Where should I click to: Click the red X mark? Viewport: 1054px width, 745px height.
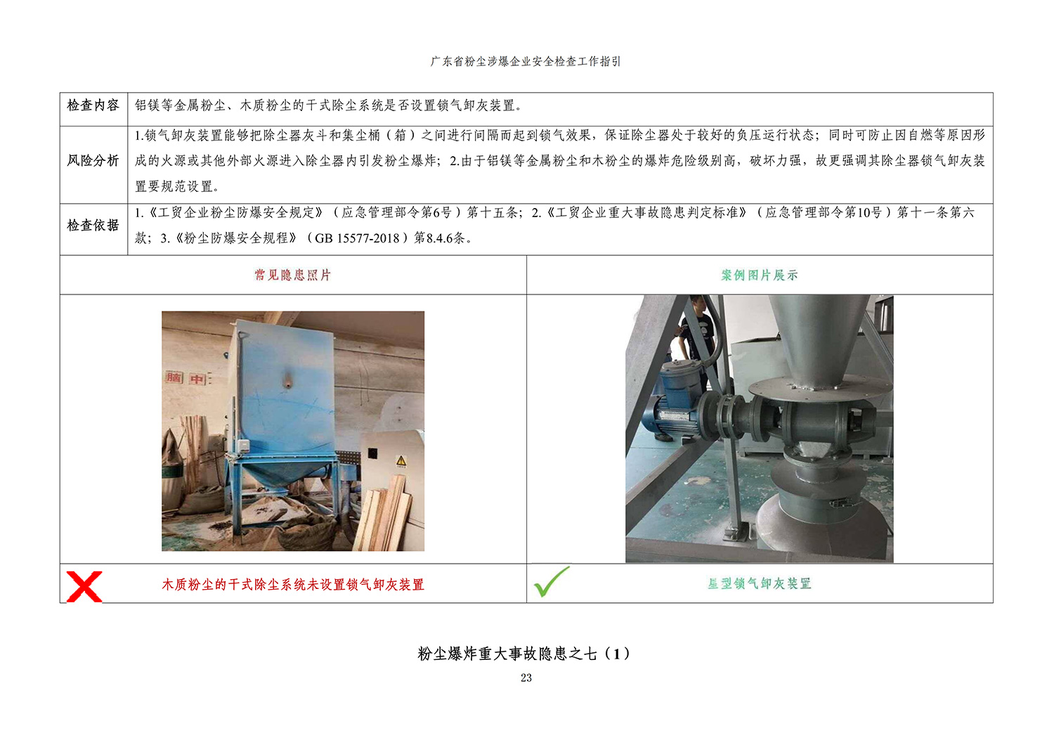[84, 586]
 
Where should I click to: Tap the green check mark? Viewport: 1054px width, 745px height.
[551, 582]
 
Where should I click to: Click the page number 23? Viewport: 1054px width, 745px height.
[526, 678]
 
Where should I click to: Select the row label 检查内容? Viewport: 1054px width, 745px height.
[93, 105]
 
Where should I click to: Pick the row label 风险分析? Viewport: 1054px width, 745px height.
[93, 160]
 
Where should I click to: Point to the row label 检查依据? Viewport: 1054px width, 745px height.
[93, 226]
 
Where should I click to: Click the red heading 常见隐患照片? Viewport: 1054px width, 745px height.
[293, 275]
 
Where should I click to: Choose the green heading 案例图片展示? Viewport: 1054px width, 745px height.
[760, 275]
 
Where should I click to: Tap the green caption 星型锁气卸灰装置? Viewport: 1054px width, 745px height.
[760, 583]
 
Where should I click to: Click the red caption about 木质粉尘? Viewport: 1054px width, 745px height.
[293, 585]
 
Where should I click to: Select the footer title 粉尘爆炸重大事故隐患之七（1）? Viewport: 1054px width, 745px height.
[523, 653]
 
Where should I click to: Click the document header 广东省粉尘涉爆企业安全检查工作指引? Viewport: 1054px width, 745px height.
[526, 61]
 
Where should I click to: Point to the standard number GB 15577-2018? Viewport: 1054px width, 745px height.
[357, 238]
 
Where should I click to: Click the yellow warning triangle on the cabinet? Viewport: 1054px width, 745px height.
[401, 460]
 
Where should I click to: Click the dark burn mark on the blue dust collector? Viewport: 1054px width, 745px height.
[287, 380]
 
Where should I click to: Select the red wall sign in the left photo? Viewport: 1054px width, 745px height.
[186, 378]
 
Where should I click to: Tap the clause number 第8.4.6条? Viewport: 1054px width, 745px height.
[439, 238]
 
